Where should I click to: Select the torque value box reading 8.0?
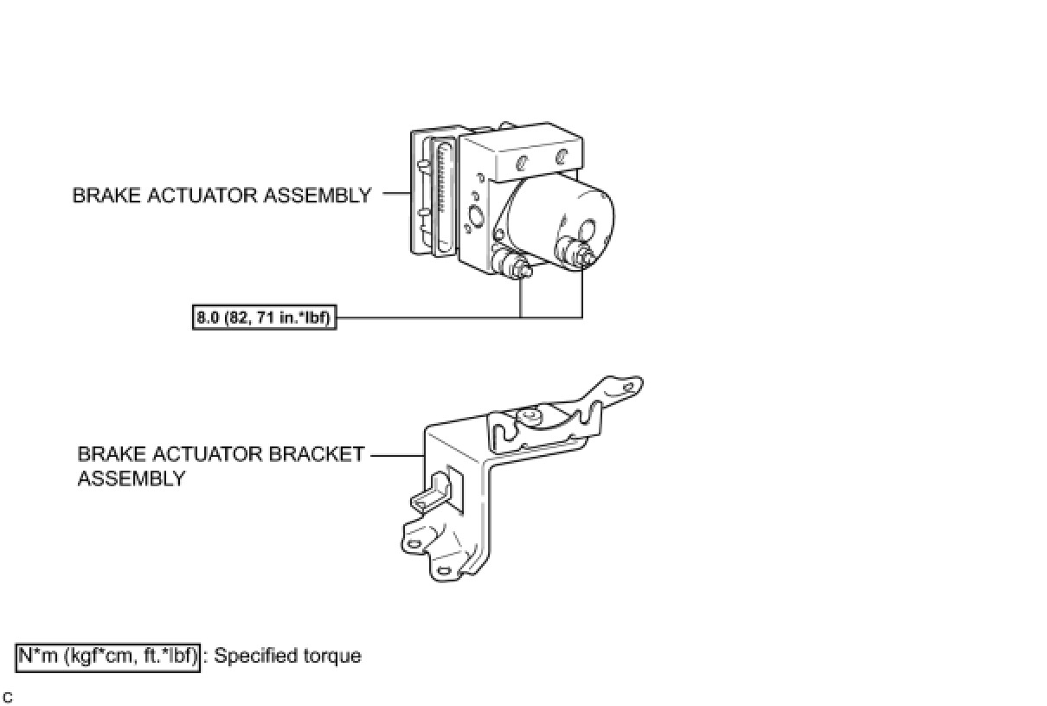click(263, 318)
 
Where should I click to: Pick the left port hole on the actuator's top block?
click(522, 162)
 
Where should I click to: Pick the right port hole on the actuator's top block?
click(562, 156)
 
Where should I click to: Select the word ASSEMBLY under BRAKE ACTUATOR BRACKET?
click(131, 478)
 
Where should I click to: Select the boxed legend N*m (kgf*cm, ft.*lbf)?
click(108, 657)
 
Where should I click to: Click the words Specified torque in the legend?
click(287, 656)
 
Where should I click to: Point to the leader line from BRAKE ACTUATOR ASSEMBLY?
click(395, 195)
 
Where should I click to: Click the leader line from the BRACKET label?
click(397, 455)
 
